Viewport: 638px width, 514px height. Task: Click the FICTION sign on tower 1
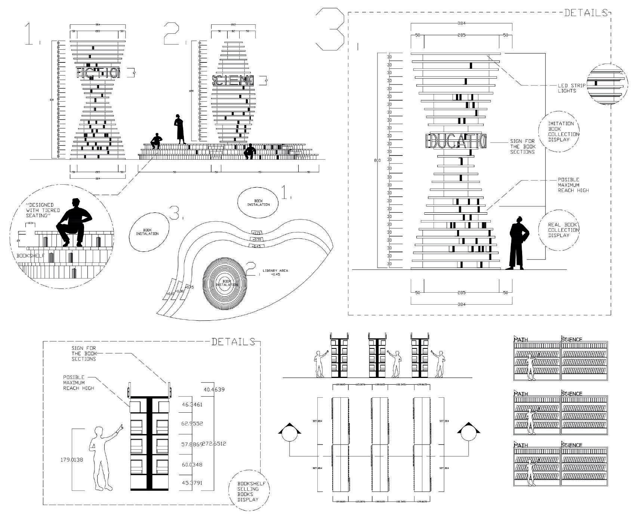click(98, 73)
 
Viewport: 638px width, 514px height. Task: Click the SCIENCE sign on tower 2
click(233, 80)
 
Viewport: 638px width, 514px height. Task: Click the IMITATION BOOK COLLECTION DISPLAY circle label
click(558, 131)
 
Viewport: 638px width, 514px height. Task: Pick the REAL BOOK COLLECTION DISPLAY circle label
click(558, 230)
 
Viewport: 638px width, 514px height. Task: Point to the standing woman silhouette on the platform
click(179, 129)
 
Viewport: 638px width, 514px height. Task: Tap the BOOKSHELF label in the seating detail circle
click(31, 256)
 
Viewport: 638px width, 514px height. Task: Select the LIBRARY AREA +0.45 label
click(275, 272)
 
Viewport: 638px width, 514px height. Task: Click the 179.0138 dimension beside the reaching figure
click(72, 460)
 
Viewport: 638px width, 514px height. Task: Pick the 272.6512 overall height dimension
click(214, 444)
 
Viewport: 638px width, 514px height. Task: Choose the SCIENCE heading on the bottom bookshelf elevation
click(571, 445)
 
